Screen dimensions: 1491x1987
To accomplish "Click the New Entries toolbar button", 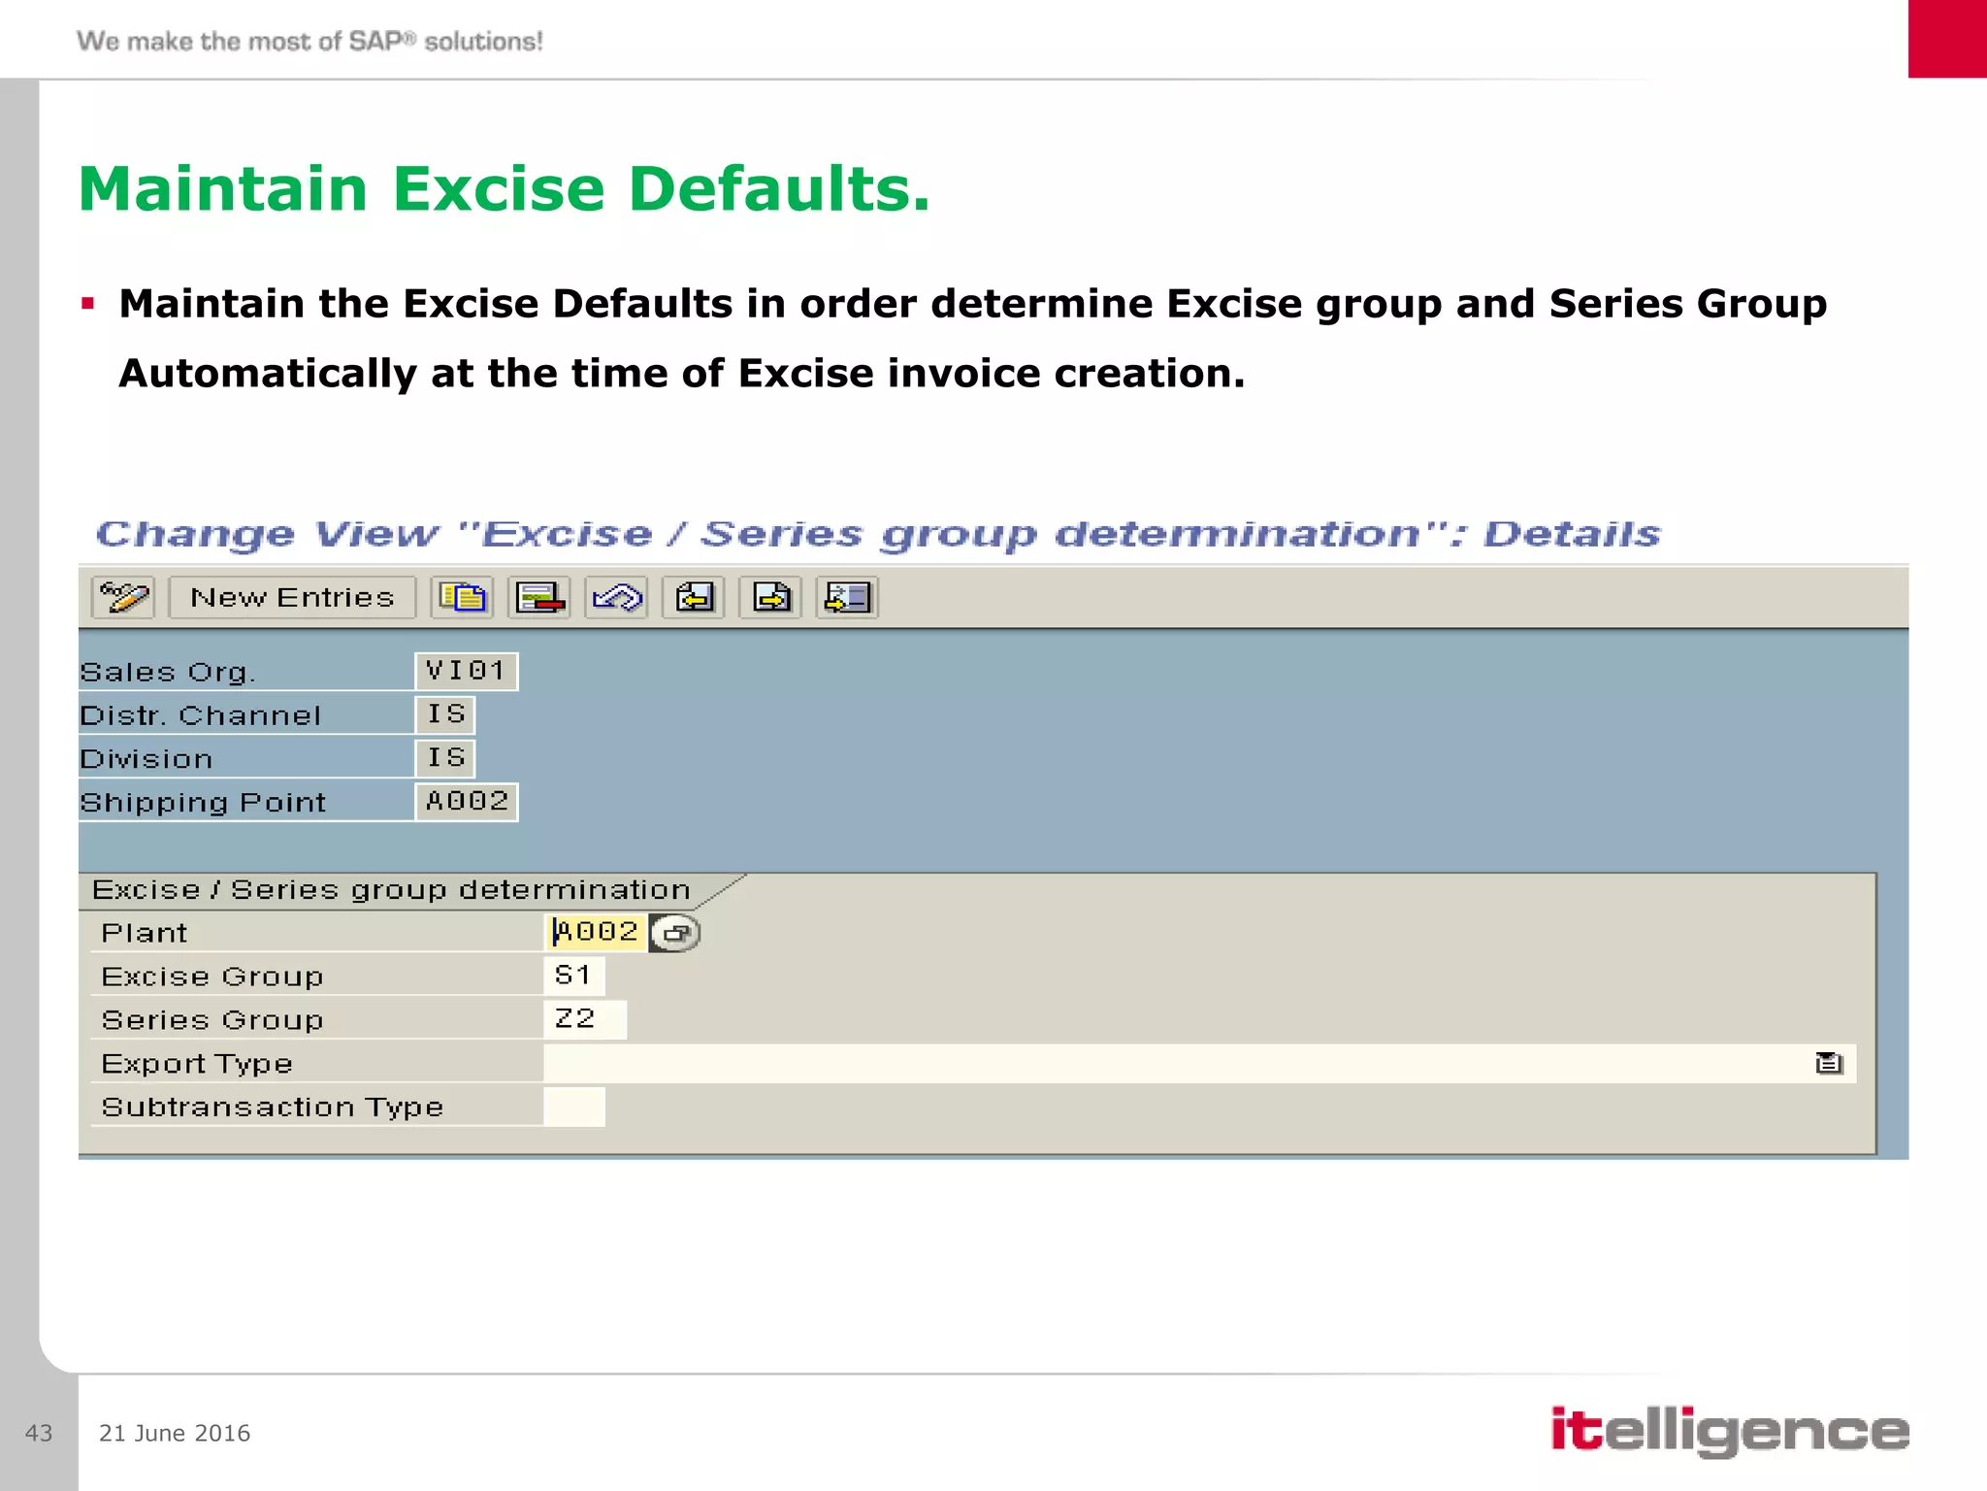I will click(x=292, y=597).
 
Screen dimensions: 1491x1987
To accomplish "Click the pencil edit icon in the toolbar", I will click(x=123, y=597).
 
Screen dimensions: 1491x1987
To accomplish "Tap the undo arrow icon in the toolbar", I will click(x=616, y=597).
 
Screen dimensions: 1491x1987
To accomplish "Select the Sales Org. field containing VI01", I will click(x=467, y=671).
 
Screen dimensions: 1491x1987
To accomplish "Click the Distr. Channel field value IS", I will click(x=445, y=714).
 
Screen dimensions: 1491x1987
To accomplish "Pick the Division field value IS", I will click(x=445, y=757).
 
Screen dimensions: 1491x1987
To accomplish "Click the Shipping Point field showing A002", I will click(x=467, y=802).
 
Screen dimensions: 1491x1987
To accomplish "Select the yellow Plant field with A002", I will click(x=596, y=932).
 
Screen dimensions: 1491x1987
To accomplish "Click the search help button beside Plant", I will click(x=676, y=933).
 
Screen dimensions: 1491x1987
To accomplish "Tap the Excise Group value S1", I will click(x=573, y=976).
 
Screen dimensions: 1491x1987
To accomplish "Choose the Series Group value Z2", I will click(x=584, y=1019).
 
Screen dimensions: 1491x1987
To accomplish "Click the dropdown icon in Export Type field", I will click(x=1828, y=1064).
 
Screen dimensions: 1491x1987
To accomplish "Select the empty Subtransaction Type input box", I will click(x=574, y=1107).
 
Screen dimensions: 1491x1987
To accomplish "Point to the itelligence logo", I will click(x=1729, y=1431).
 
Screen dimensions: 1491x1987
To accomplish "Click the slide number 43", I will click(x=39, y=1433).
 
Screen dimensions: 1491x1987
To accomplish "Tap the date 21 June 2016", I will click(x=175, y=1433).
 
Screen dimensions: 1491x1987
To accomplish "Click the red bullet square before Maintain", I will click(x=88, y=304).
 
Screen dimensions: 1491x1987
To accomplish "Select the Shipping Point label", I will click(x=203, y=803).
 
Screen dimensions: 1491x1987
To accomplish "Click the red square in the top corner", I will click(x=1947, y=39).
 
